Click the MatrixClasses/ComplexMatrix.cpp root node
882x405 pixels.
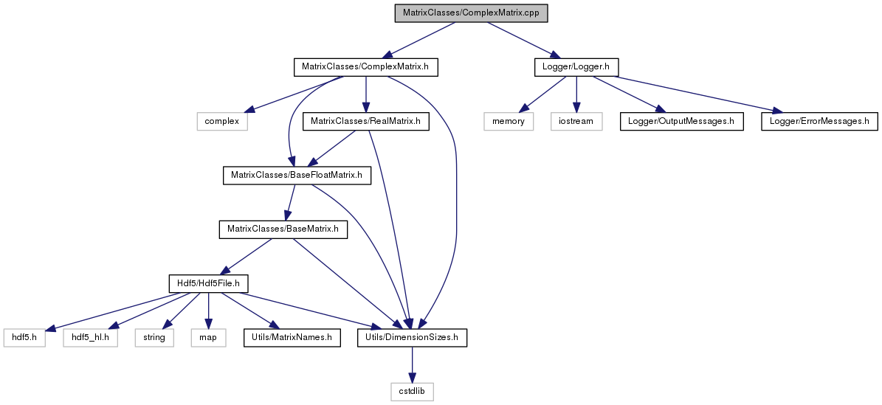pos(472,13)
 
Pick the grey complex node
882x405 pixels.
pos(222,122)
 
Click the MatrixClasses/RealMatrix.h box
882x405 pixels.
pos(365,122)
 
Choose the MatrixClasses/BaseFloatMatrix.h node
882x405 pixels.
pos(297,176)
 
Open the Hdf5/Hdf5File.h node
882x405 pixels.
pos(209,283)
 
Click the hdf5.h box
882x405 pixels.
pos(24,338)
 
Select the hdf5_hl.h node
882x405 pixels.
pos(91,338)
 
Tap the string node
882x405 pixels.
pos(154,338)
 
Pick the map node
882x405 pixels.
pos(208,338)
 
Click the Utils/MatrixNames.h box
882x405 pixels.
pos(292,338)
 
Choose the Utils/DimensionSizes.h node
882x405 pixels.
pos(413,338)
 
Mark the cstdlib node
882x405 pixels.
pos(413,392)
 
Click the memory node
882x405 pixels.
pos(508,122)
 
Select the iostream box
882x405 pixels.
pos(576,122)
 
